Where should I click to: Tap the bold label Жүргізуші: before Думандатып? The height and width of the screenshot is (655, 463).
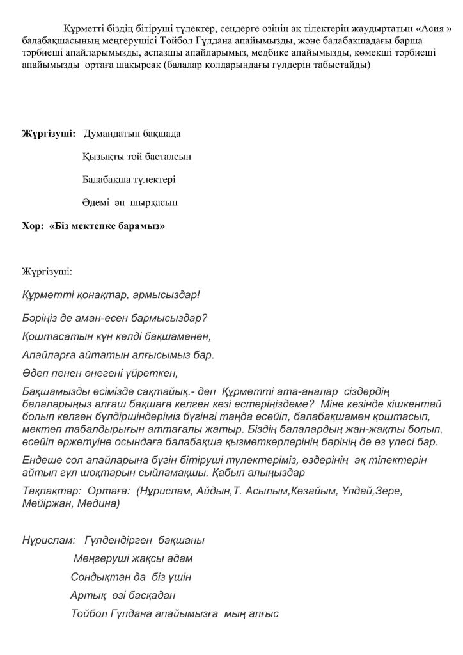[49, 134]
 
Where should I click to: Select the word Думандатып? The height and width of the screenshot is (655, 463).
[120, 134]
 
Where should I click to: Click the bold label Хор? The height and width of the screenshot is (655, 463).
[33, 226]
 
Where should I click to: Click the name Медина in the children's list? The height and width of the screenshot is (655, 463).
[99, 503]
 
